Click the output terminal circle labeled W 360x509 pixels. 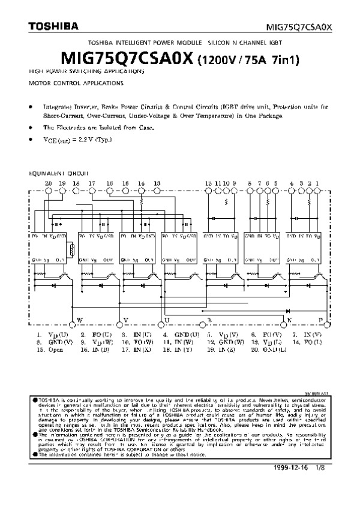73,319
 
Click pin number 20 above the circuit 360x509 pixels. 48,182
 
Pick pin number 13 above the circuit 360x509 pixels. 157,182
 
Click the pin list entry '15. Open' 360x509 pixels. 49,348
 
